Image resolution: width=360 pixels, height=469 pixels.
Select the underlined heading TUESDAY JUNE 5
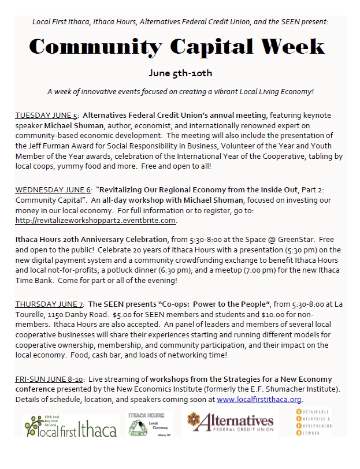pyautogui.click(x=47, y=116)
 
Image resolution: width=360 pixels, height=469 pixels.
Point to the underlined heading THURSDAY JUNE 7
pyautogui.click(x=49, y=303)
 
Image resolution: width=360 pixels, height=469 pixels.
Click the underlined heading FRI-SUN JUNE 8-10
pyautogui.click(x=50, y=379)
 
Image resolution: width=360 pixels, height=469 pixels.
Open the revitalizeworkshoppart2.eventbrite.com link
pyautogui.click(x=95, y=220)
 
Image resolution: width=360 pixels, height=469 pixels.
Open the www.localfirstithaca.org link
pyautogui.click(x=259, y=399)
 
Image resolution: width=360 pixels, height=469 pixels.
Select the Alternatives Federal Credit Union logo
pyautogui.click(x=230, y=422)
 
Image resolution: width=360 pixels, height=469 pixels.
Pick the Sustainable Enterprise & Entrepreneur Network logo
pyautogui.click(x=317, y=425)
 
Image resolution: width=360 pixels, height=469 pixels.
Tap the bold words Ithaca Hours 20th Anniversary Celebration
pyautogui.click(x=89, y=240)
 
